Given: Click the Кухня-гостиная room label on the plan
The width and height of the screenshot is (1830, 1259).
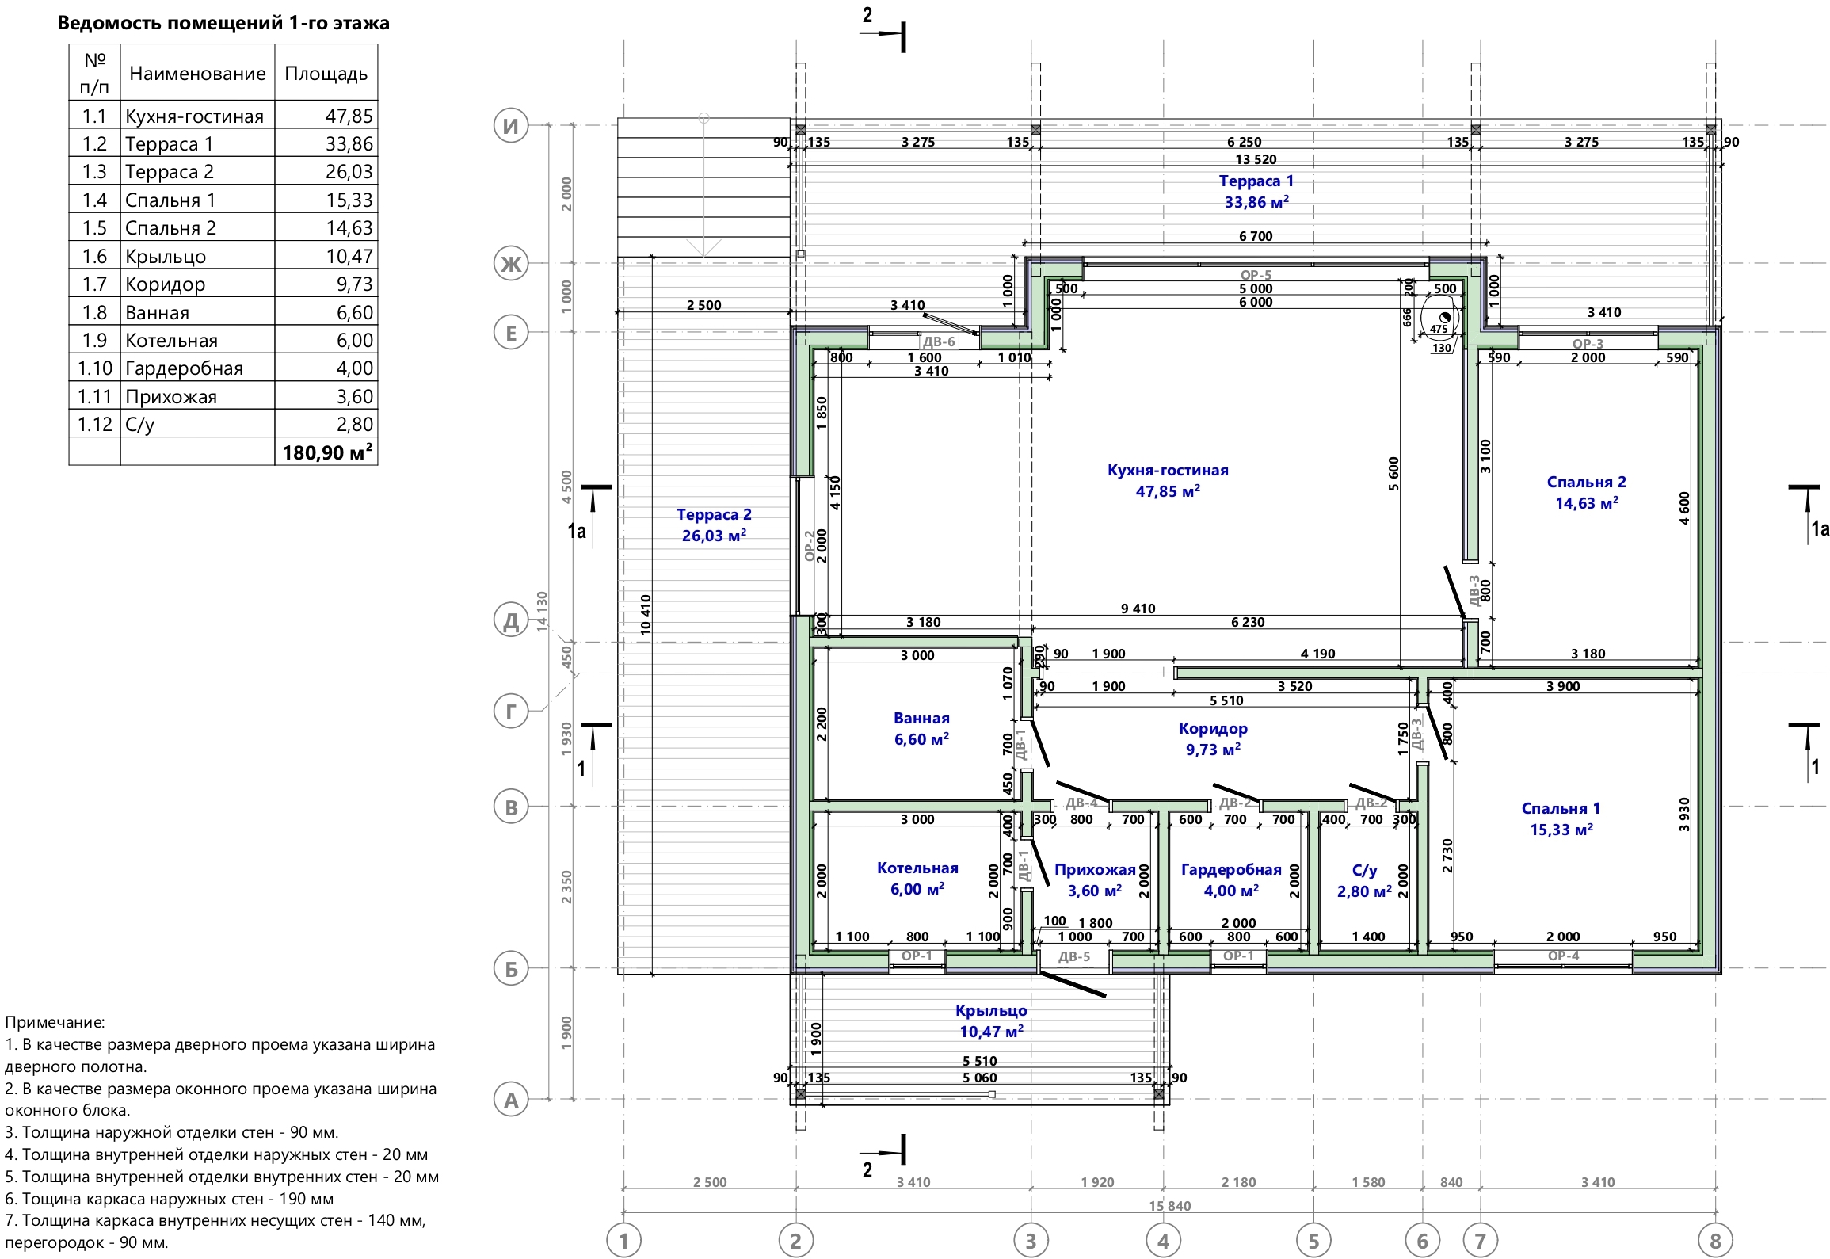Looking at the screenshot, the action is (1168, 470).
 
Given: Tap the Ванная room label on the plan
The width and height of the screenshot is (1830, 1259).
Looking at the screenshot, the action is (921, 718).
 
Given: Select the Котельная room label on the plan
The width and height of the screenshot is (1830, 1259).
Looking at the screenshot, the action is (917, 868).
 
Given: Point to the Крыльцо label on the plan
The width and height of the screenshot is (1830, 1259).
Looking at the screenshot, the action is (991, 1010).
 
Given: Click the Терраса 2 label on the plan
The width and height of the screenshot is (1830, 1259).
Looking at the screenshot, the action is (714, 514).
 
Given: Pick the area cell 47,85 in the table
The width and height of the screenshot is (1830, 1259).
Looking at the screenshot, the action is (349, 116).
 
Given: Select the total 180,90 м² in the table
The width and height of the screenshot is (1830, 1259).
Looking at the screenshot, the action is (328, 452).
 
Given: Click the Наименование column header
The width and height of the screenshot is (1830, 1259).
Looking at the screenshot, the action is (197, 74).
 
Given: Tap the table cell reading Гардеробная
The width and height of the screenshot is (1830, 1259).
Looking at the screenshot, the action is (184, 368).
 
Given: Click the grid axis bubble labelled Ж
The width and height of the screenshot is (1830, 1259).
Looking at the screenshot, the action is (511, 263).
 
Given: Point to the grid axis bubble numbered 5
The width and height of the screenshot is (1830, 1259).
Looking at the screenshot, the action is (1313, 1241).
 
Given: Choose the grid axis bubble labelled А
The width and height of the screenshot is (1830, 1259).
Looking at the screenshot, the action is (511, 1100).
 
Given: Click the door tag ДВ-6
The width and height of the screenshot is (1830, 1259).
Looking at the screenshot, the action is (939, 342).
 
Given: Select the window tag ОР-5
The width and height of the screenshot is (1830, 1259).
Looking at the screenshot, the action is (1256, 275).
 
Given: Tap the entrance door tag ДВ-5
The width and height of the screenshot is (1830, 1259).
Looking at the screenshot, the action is (1074, 956).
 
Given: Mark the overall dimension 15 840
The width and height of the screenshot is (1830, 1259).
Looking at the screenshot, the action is (1170, 1206).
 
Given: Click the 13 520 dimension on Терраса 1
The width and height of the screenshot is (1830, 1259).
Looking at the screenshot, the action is (1256, 159).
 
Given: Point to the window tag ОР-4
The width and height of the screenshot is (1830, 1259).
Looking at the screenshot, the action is (1563, 956).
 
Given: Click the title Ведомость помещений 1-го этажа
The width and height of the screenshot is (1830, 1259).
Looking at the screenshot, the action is (223, 23).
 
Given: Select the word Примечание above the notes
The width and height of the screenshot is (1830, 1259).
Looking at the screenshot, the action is (55, 1022).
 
